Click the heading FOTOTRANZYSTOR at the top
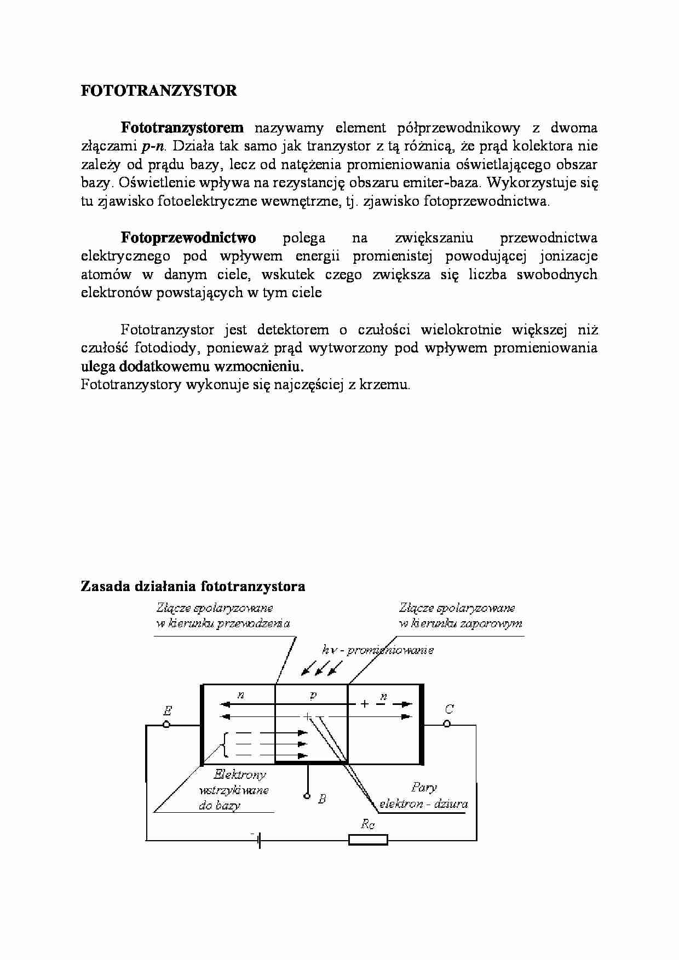pos(159,91)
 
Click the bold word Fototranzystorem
pos(182,128)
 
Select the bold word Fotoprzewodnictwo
pos(188,238)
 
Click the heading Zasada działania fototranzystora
pos(193,587)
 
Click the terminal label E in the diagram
pos(167,711)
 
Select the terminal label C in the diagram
pos(449,709)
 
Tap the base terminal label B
pos(322,799)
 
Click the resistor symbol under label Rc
pos(368,840)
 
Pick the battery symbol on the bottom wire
pos(258,840)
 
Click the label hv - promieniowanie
pos(378,650)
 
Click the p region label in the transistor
pos(313,695)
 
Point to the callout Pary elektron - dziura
pos(423,796)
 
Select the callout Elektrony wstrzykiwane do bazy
pos(233,790)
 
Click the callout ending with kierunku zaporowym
pos(460,616)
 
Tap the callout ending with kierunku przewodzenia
pos(222,616)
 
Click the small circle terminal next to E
pos(166,725)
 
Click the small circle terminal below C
pos(447,724)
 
